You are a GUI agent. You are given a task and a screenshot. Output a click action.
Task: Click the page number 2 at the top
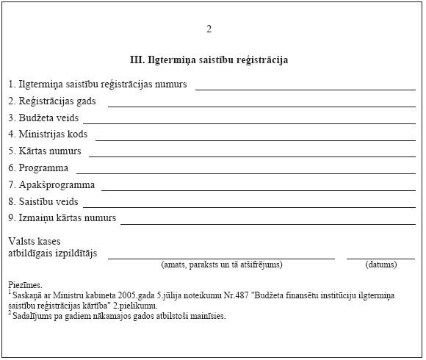coord(209,29)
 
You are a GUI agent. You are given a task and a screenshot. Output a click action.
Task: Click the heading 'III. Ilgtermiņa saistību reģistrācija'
coord(209,60)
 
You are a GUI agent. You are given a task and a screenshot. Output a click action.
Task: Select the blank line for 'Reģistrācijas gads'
coord(261,107)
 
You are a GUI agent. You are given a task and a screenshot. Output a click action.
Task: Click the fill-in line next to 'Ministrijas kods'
coord(255,140)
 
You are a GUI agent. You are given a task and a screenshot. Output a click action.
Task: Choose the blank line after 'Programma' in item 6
coord(245,173)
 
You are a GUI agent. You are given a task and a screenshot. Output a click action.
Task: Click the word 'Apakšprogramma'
coord(57,185)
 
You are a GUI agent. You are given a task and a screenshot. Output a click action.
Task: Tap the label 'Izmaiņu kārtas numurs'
coord(66,218)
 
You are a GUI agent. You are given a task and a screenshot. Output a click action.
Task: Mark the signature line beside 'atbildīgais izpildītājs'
coord(220,259)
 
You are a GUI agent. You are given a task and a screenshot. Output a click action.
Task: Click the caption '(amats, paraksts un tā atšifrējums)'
coord(221,264)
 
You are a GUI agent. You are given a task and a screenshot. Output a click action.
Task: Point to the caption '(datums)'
coord(381,264)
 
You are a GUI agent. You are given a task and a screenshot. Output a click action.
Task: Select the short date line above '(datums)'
coord(380,259)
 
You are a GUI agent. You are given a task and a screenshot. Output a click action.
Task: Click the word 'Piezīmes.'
coord(26,284)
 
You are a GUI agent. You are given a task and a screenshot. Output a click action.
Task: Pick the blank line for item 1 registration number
coord(305,89)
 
